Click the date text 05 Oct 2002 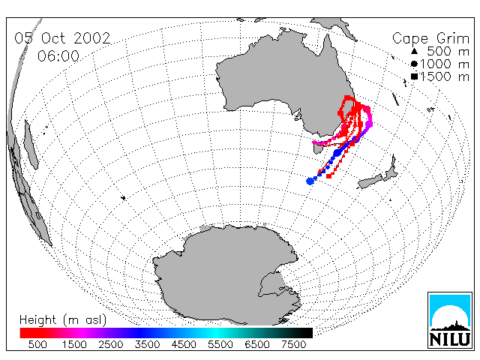(x=62, y=38)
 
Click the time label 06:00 (x=58, y=56)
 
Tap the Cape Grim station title (x=430, y=39)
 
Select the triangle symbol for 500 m (x=414, y=51)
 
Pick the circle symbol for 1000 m (x=414, y=64)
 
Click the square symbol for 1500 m (x=415, y=76)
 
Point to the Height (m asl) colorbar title (x=63, y=320)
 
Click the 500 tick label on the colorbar (x=37, y=345)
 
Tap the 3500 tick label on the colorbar (x=147, y=345)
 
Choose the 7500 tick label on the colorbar (x=293, y=345)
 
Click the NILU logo (x=450, y=320)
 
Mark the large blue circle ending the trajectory (x=310, y=181)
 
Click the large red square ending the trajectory (x=329, y=176)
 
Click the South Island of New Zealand (x=370, y=181)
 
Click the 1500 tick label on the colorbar (x=74, y=345)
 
